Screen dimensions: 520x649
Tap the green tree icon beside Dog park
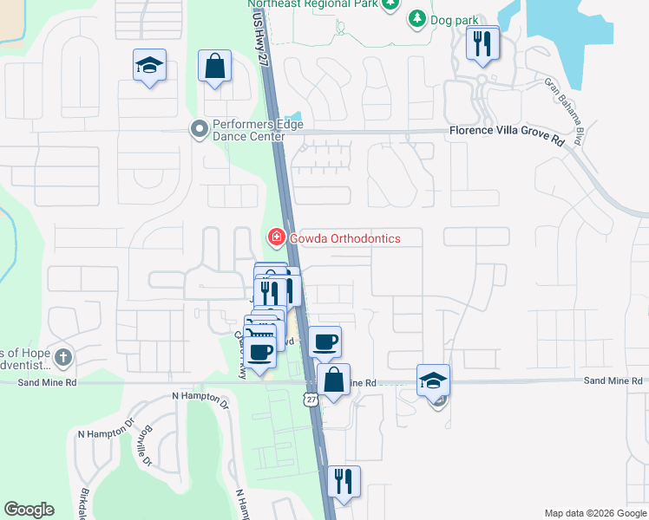coord(417,17)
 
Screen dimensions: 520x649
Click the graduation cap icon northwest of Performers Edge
coord(149,65)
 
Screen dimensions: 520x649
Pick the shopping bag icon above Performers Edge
coord(214,66)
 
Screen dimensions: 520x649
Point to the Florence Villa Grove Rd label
coord(506,131)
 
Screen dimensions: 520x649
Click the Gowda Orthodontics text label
coord(344,237)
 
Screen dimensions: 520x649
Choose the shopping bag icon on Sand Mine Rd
coord(333,379)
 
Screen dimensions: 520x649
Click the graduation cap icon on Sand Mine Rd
coord(434,380)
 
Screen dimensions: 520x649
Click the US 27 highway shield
coord(311,399)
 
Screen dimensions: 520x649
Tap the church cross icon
coord(62,357)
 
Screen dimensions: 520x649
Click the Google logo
coord(29,510)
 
